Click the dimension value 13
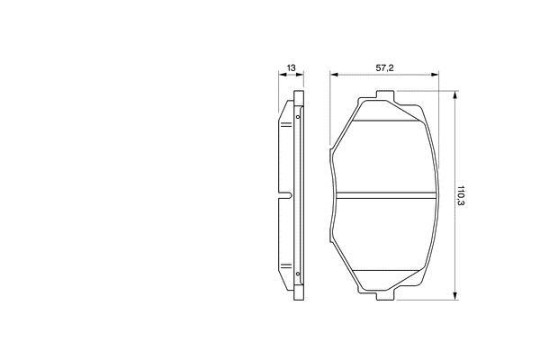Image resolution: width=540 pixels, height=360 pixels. click(291, 67)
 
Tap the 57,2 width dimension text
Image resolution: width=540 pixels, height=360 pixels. click(384, 68)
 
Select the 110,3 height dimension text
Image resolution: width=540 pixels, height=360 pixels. click(461, 195)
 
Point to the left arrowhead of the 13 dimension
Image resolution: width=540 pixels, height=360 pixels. click(283, 74)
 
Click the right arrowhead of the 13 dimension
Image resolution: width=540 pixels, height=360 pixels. click(300, 74)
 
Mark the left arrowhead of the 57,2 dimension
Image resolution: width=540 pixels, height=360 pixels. click(334, 74)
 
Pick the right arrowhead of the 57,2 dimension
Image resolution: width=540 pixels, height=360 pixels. click(435, 74)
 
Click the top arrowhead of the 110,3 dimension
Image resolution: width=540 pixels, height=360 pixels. click(455, 95)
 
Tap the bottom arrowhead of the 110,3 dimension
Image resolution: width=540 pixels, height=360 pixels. click(455, 295)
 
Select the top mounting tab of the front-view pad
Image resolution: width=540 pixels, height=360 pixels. click(385, 95)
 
